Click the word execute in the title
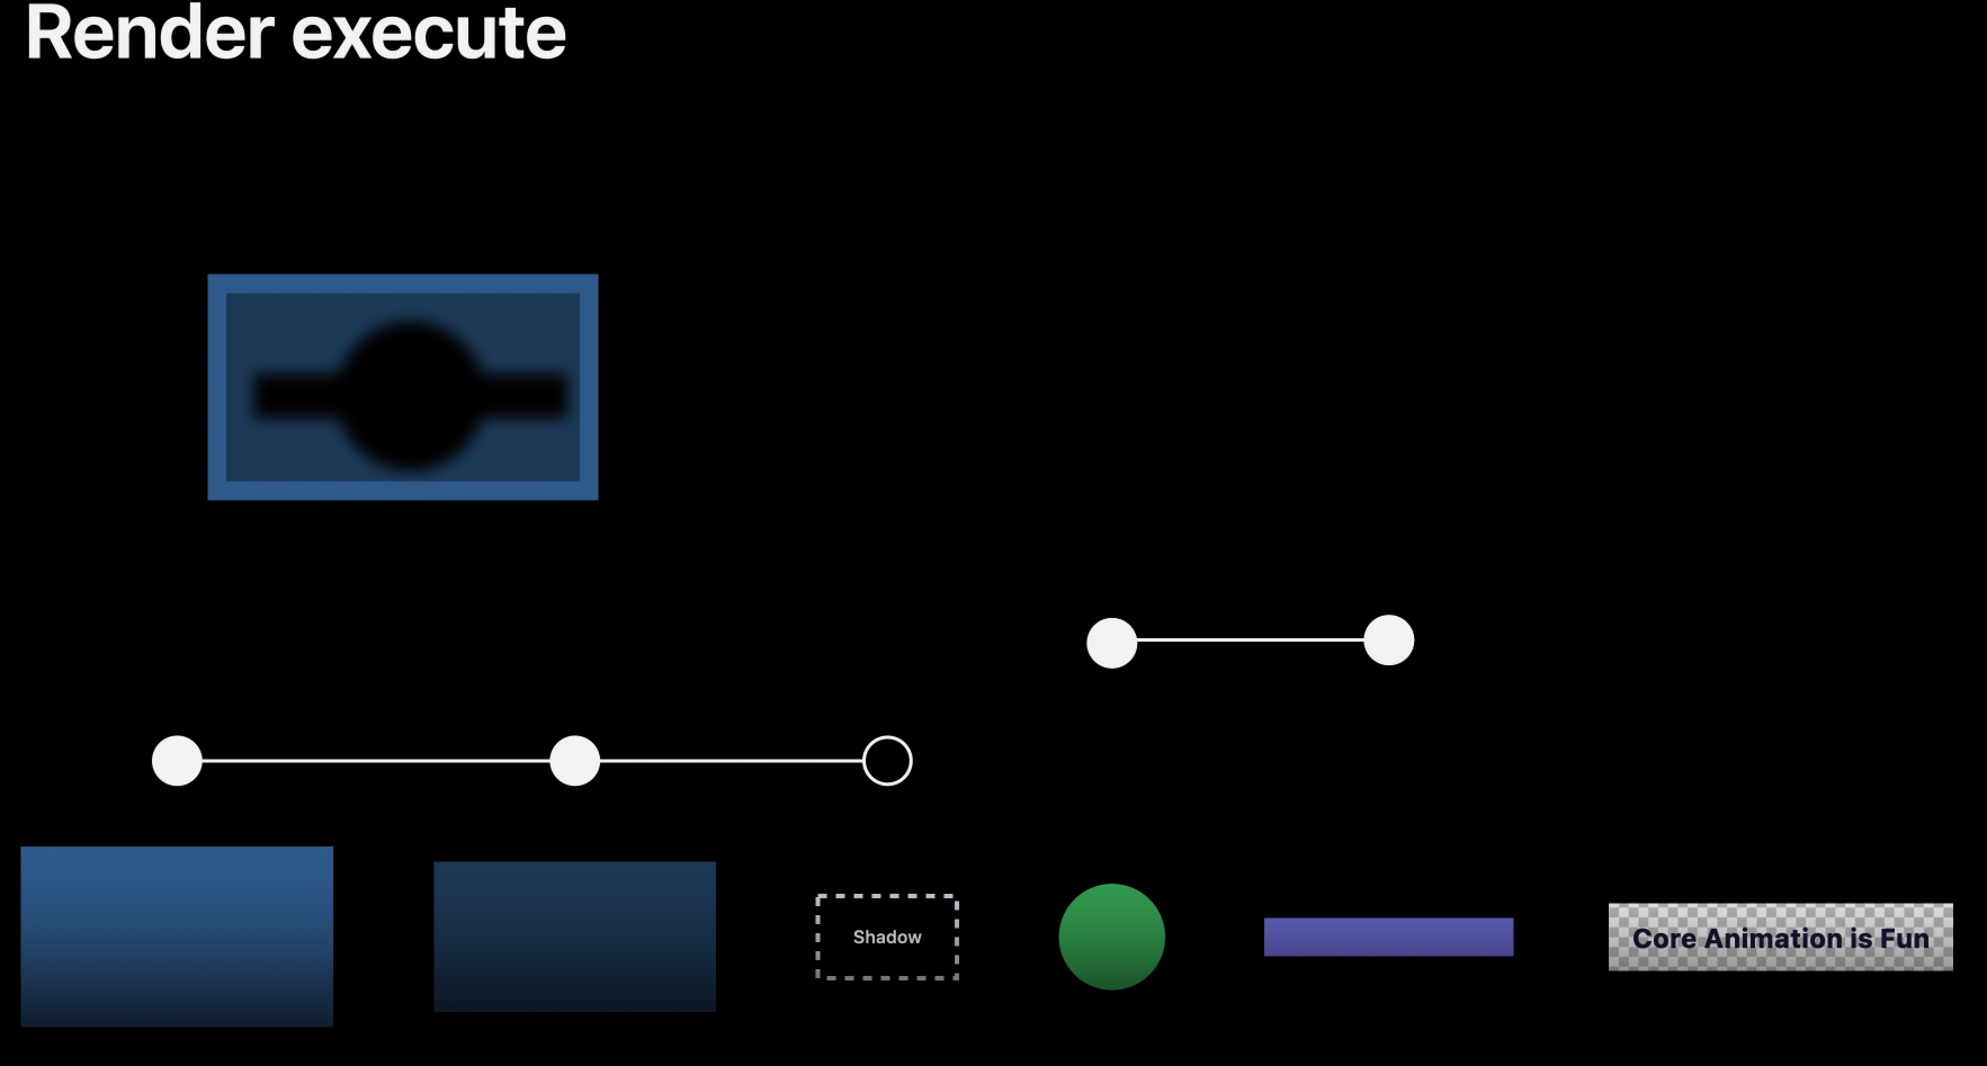[428, 35]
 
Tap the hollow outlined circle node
[887, 760]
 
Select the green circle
[1112, 937]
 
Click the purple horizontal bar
[1389, 937]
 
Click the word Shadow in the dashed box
[887, 937]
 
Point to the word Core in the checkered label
[1664, 939]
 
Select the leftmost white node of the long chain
[177, 760]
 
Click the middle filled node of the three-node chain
[575, 760]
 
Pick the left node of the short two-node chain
[1112, 643]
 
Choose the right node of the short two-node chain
[1389, 640]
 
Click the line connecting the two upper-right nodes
[1250, 640]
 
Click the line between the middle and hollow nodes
[731, 760]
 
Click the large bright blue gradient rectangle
[177, 937]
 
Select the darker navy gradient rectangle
[575, 937]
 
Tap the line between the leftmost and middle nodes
[375, 760]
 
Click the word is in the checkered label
[1861, 939]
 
